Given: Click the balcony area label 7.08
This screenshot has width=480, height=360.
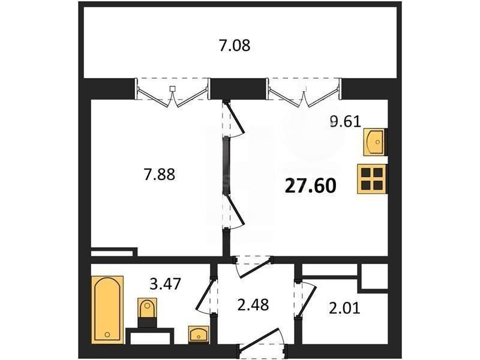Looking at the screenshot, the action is pos(235,46).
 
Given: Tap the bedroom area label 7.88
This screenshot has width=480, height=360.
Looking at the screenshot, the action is pos(160,175).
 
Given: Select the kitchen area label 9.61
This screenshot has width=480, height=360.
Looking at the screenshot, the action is pos(346,122).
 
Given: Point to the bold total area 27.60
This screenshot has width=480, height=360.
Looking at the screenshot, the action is pos(310,186).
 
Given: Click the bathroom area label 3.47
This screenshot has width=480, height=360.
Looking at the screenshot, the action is pos(166,284).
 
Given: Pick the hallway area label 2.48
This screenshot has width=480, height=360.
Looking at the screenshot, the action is pos(253,305).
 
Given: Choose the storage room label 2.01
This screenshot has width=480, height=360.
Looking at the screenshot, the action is pos(344,308).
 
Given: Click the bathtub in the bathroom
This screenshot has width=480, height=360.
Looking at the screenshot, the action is pos(107,310).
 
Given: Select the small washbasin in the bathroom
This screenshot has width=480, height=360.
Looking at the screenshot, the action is pos(199,334).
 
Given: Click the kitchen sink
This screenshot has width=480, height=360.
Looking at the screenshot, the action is pos(374,142).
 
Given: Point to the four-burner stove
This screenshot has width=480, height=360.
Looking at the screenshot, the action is pos(371,179).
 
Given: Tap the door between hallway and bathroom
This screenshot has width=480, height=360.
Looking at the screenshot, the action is pos(205,295).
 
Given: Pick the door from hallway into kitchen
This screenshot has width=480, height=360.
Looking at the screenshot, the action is pos(253,266).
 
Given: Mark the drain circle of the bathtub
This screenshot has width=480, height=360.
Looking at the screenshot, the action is pos(107,334).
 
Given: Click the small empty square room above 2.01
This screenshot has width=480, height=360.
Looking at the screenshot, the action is pos(374,276).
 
